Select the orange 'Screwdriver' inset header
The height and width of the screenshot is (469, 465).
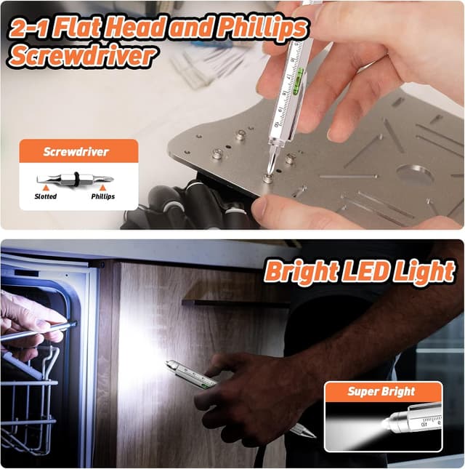tap(76, 152)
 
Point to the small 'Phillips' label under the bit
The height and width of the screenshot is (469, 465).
tap(102, 196)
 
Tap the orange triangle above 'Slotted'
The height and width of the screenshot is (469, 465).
tap(45, 188)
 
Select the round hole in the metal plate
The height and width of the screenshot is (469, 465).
tap(415, 174)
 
